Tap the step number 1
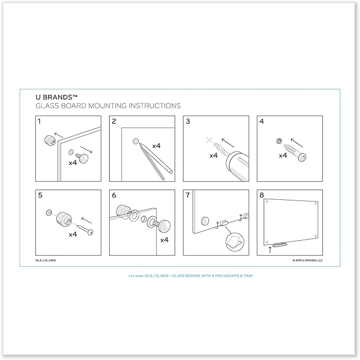(39, 121)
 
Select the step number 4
(261, 121)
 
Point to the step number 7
(187, 195)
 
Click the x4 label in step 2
(157, 145)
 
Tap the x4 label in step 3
(214, 156)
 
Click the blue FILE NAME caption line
(180, 276)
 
